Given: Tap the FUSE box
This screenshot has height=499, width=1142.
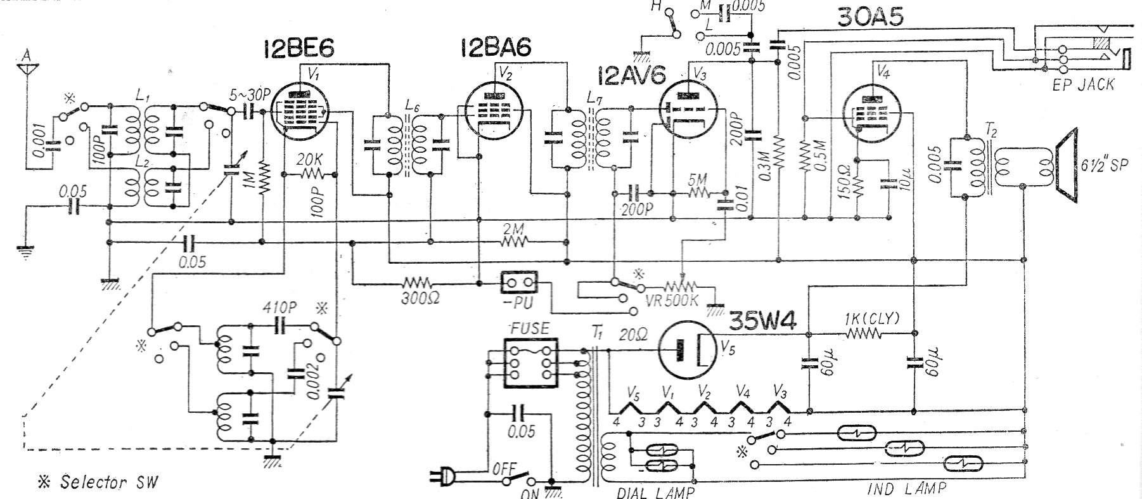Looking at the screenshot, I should (530, 363).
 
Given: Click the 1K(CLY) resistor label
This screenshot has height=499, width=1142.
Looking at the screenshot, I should (871, 319).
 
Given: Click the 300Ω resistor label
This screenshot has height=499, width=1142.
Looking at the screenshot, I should (418, 298).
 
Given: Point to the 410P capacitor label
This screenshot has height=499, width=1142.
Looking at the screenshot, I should (279, 308).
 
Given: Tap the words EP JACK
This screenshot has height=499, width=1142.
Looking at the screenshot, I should (1082, 85).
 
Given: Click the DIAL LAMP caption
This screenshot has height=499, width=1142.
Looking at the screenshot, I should (655, 491).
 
